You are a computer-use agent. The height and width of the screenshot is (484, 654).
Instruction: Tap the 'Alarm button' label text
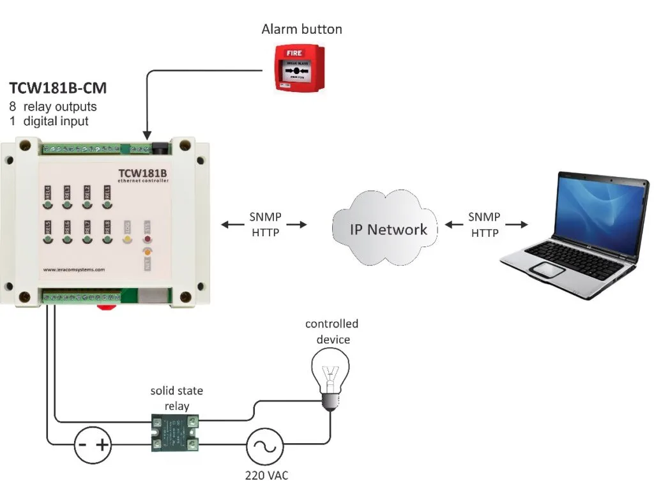301,29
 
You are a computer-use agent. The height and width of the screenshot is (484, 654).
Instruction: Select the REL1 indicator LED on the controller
107,205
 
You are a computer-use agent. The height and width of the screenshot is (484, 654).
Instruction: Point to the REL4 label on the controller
47,192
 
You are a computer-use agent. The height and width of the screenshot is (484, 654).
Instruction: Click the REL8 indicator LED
107,240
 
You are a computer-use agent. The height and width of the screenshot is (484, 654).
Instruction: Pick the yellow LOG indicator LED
127,240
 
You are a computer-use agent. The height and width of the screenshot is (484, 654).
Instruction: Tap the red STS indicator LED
148,240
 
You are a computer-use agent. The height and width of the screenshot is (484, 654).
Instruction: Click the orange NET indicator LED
148,252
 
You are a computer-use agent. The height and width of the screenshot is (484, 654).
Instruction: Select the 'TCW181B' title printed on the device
142,174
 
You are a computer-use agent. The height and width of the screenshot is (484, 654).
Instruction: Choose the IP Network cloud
388,229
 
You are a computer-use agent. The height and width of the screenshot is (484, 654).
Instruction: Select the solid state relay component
174,433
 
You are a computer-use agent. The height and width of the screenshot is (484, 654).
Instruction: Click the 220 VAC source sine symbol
264,445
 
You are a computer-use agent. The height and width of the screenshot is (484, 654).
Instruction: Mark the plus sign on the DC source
103,445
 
